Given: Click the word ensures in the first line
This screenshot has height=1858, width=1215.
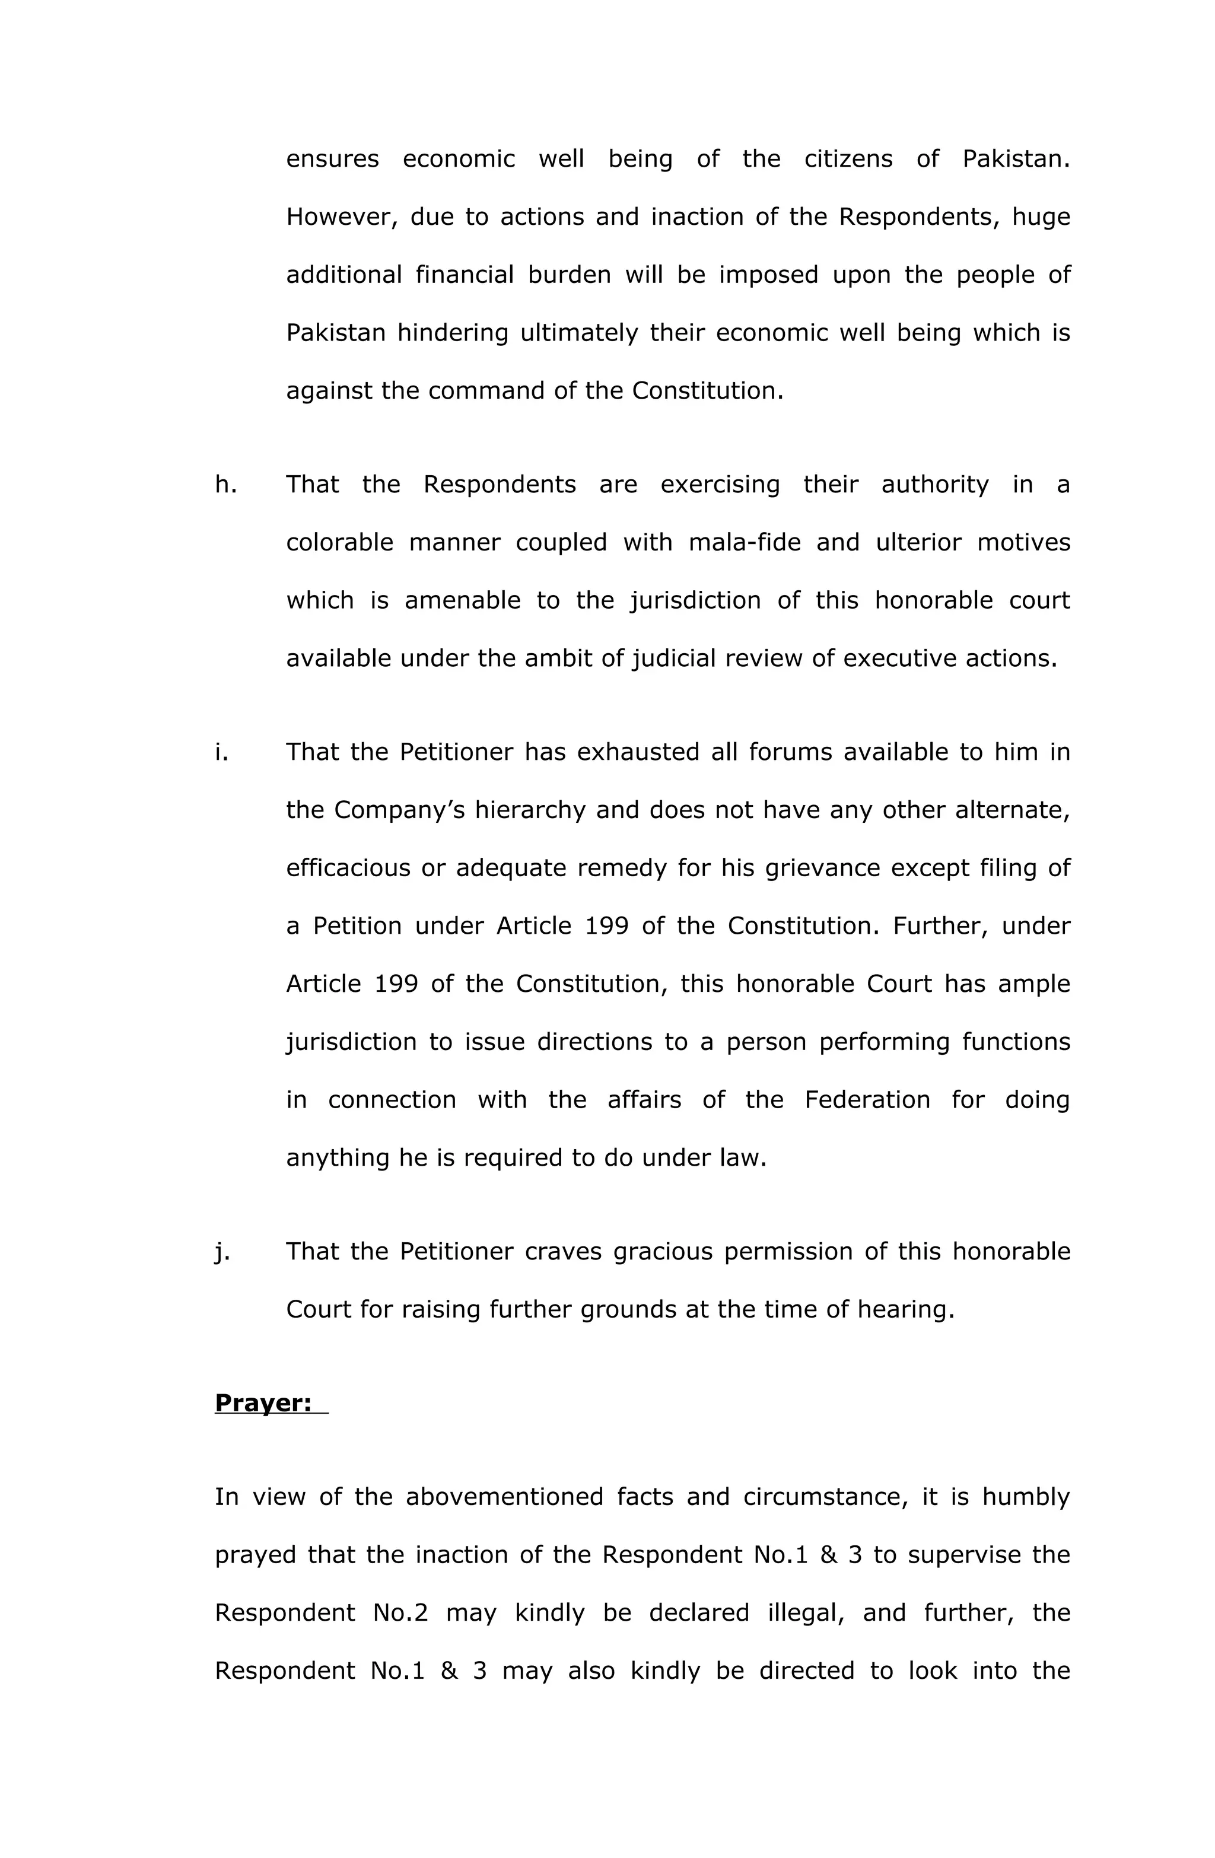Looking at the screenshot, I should [332, 158].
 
